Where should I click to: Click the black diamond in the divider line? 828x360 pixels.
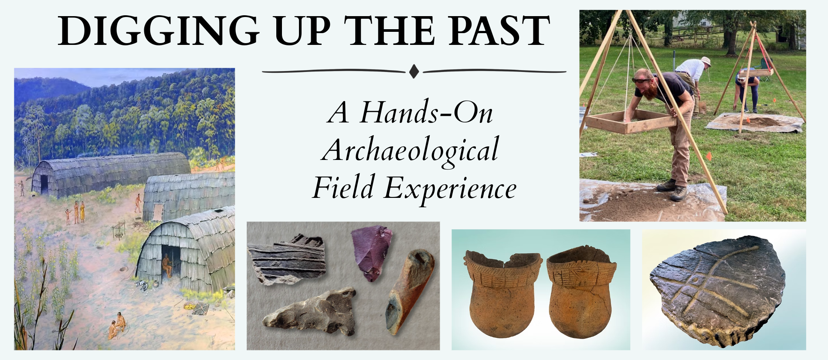tap(414, 71)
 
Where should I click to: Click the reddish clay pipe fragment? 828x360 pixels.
tap(410, 291)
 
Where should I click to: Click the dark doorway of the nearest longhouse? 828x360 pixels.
tap(167, 262)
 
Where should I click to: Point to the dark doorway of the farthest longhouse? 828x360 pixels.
tap(44, 184)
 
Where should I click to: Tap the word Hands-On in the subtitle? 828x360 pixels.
tap(427, 113)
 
